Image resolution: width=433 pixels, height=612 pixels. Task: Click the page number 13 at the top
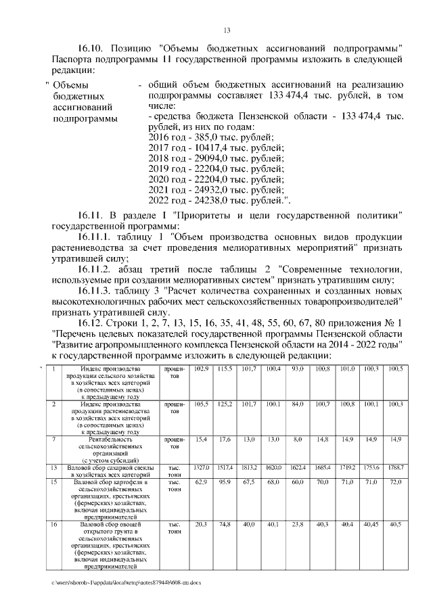coord(227,30)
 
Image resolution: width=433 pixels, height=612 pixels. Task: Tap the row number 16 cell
coord(53,523)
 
